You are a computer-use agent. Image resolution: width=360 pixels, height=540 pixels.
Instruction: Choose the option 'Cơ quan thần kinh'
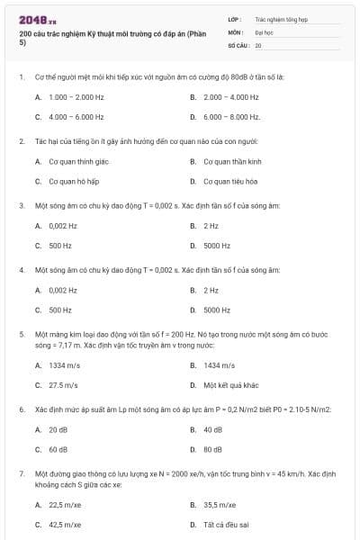(232, 161)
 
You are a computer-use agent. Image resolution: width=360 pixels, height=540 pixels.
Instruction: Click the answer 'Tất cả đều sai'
(226, 524)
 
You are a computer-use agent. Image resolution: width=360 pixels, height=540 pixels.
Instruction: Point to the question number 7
(21, 472)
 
